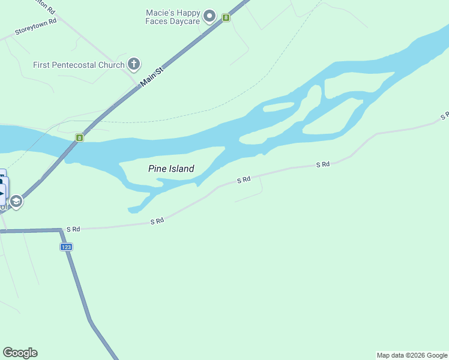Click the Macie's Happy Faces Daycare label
tap(173, 17)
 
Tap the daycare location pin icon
tap(209, 16)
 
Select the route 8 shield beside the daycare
tap(226, 17)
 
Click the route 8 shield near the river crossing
tap(79, 138)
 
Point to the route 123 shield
tap(66, 247)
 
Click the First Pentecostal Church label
tap(79, 65)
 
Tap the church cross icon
tap(134, 64)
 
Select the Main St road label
tap(152, 78)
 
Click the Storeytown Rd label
tap(35, 27)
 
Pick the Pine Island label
tap(171, 169)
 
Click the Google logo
tap(20, 353)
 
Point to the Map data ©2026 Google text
tap(412, 355)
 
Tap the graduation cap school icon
tap(17, 201)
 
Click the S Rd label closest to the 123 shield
tap(73, 229)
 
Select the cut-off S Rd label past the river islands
tap(444, 116)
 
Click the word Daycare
tap(184, 22)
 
